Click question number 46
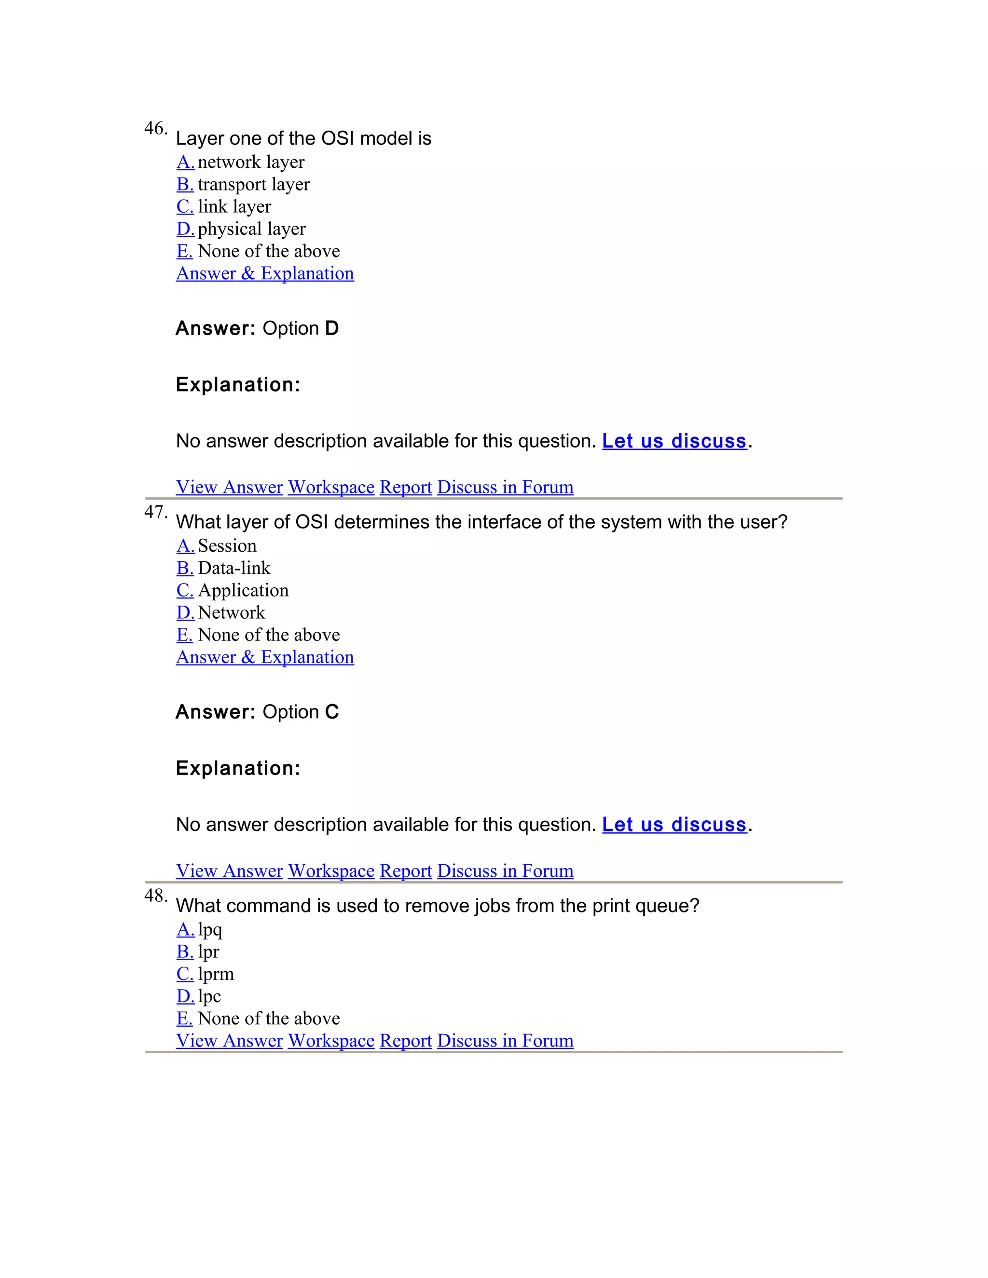coord(155,128)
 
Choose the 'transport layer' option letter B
coord(185,184)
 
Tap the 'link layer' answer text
coord(234,206)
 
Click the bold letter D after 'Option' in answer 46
coord(332,328)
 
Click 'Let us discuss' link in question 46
coord(674,441)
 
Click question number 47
coord(155,512)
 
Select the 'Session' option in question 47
coord(227,545)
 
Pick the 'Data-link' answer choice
coord(234,568)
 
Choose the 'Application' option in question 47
coord(243,590)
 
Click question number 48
coord(155,896)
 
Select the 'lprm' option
coord(215,974)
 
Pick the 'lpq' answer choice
coord(209,929)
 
